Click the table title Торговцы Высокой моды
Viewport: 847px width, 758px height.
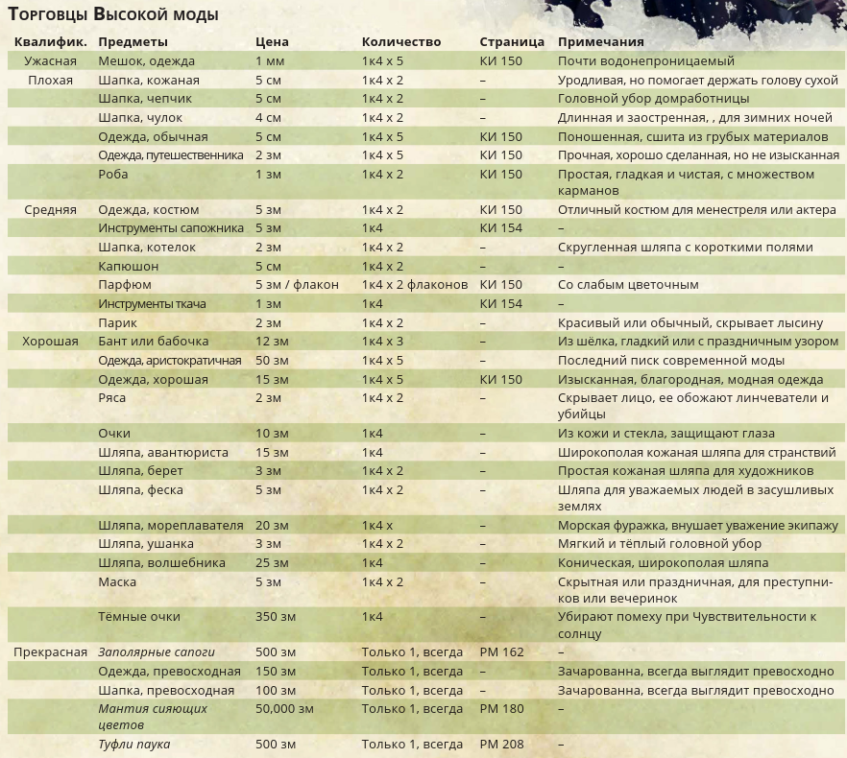point(113,14)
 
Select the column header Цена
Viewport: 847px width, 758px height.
point(272,42)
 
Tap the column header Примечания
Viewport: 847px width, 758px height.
point(600,42)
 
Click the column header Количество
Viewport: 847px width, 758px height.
point(401,42)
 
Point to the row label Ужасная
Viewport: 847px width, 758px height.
point(50,60)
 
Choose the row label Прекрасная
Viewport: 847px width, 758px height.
point(50,652)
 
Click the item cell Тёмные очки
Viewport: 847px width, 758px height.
point(138,617)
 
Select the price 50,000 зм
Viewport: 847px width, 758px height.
point(284,709)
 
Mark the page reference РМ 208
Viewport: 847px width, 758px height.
point(501,745)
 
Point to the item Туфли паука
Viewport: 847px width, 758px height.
point(134,745)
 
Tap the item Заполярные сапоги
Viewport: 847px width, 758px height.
point(157,652)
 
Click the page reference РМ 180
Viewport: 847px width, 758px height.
point(501,709)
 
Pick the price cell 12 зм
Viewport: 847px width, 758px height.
point(272,342)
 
